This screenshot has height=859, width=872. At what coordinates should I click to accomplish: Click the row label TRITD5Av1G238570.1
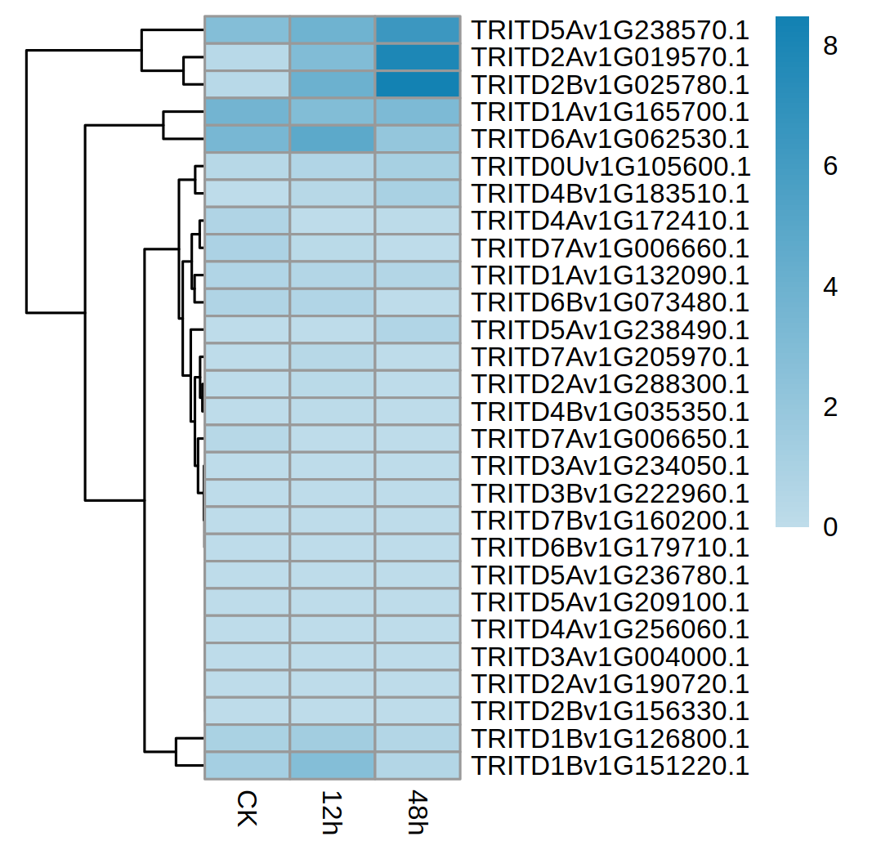(x=610, y=30)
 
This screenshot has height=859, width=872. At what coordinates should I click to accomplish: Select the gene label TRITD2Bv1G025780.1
(x=610, y=84)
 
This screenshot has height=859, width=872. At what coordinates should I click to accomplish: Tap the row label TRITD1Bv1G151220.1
(x=610, y=766)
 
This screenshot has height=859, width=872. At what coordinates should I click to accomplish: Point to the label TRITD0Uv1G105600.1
(x=610, y=167)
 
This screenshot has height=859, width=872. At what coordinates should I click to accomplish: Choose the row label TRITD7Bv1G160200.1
(x=610, y=521)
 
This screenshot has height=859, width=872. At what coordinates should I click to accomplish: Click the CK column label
(x=246, y=808)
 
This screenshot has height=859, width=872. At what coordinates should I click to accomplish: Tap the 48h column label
(x=418, y=811)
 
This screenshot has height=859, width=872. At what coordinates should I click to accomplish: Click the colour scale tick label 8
(x=830, y=47)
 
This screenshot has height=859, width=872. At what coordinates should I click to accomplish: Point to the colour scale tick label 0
(x=830, y=527)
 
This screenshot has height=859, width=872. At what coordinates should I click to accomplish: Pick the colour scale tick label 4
(x=830, y=288)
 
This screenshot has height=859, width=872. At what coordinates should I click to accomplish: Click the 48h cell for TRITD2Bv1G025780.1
(x=418, y=84)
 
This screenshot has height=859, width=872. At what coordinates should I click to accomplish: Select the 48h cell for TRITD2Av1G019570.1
(x=418, y=57)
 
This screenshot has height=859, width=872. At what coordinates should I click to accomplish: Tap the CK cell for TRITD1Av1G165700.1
(x=247, y=112)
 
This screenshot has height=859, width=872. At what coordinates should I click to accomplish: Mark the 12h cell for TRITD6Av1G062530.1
(x=332, y=139)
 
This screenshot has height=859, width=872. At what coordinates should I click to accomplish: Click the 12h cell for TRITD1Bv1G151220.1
(x=332, y=766)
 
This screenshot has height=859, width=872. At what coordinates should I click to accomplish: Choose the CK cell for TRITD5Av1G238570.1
(x=247, y=30)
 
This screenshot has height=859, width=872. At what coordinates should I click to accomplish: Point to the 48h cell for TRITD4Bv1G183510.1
(x=418, y=194)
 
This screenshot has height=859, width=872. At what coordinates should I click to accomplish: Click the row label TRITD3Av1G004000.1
(x=610, y=657)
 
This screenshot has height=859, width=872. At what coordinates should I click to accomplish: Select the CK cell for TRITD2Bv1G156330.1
(x=247, y=711)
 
